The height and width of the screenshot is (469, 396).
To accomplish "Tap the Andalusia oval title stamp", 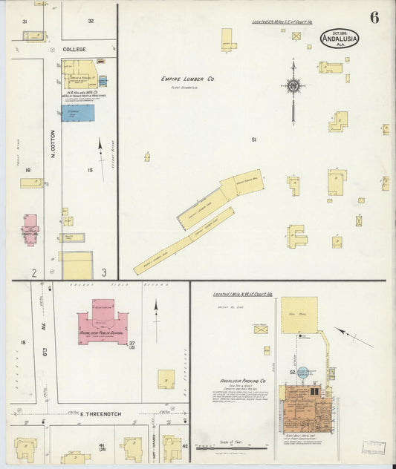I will tap(340, 38).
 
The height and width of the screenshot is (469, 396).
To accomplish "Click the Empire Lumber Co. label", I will tap(188, 79).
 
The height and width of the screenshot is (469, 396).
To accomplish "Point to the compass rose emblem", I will tap(293, 85).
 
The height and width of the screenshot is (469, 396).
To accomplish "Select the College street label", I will tap(74, 49).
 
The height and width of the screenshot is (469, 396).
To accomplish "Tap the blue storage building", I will tap(78, 113).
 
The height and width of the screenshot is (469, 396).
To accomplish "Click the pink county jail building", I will tap(30, 229).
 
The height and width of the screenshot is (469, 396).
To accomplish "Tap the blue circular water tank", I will tap(303, 373).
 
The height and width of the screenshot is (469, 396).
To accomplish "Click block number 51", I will tap(254, 140).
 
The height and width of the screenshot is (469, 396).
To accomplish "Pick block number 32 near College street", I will tap(91, 21).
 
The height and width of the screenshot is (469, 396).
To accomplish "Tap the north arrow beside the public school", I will tap(156, 309).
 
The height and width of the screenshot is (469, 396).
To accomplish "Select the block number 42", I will tap(185, 446).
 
